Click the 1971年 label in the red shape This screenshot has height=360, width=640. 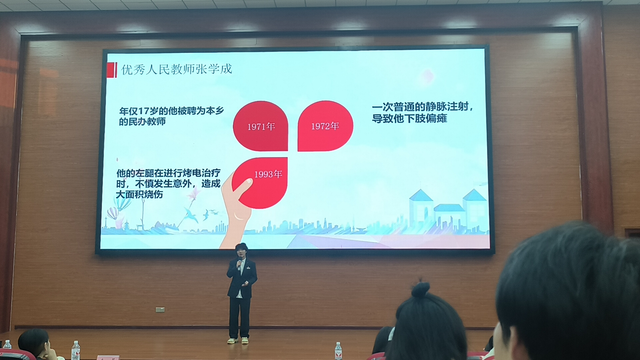[261, 127]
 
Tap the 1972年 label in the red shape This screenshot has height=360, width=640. [325, 126]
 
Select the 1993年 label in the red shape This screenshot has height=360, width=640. [268, 174]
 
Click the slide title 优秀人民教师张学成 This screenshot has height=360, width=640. [176, 69]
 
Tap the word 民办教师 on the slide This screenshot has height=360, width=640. [147, 122]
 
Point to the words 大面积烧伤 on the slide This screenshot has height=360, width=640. [139, 194]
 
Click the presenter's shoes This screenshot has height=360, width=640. [238, 340]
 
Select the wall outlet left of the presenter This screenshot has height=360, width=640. [160, 310]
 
